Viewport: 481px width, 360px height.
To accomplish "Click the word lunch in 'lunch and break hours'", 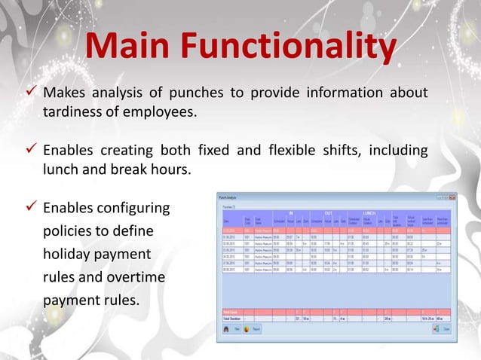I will click(x=60, y=169).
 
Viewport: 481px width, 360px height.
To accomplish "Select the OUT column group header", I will click(x=329, y=213).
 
